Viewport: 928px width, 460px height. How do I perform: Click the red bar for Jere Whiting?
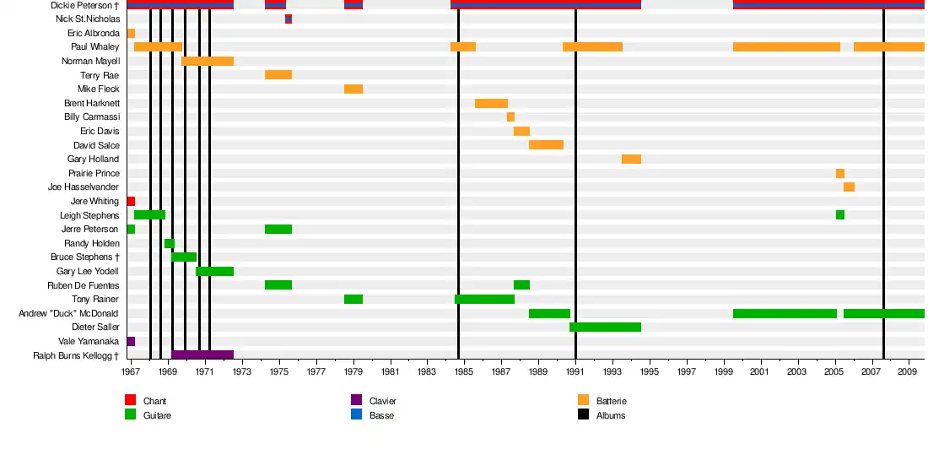coord(131,202)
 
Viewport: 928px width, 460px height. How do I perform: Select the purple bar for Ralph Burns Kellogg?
coord(202,355)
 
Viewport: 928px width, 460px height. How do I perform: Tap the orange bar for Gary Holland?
coord(631,160)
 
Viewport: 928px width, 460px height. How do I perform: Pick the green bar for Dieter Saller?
coord(605,327)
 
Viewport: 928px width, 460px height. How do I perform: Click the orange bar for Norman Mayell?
coord(207,62)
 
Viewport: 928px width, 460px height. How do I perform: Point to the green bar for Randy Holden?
coord(170,244)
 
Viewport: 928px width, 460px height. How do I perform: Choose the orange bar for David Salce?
coord(546,145)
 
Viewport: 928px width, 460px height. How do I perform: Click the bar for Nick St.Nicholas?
coord(289,19)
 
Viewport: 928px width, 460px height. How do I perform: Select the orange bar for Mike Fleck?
coord(353,89)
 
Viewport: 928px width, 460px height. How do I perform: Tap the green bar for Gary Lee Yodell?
coord(214,272)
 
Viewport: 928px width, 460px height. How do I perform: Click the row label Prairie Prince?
coord(94,174)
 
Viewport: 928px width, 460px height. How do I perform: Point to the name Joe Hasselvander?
coord(84,187)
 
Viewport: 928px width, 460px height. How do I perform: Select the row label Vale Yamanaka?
coord(89,342)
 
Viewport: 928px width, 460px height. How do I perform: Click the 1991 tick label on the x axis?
coord(575,371)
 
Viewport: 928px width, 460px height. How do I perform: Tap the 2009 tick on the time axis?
coord(908,371)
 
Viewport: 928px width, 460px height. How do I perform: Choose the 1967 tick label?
coord(131,371)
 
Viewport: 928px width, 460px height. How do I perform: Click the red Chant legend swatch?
coord(130,401)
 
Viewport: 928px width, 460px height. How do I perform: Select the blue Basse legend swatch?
coord(356,415)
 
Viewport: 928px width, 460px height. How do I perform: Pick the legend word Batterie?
coord(611,401)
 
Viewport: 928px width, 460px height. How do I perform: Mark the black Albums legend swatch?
coord(583,415)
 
